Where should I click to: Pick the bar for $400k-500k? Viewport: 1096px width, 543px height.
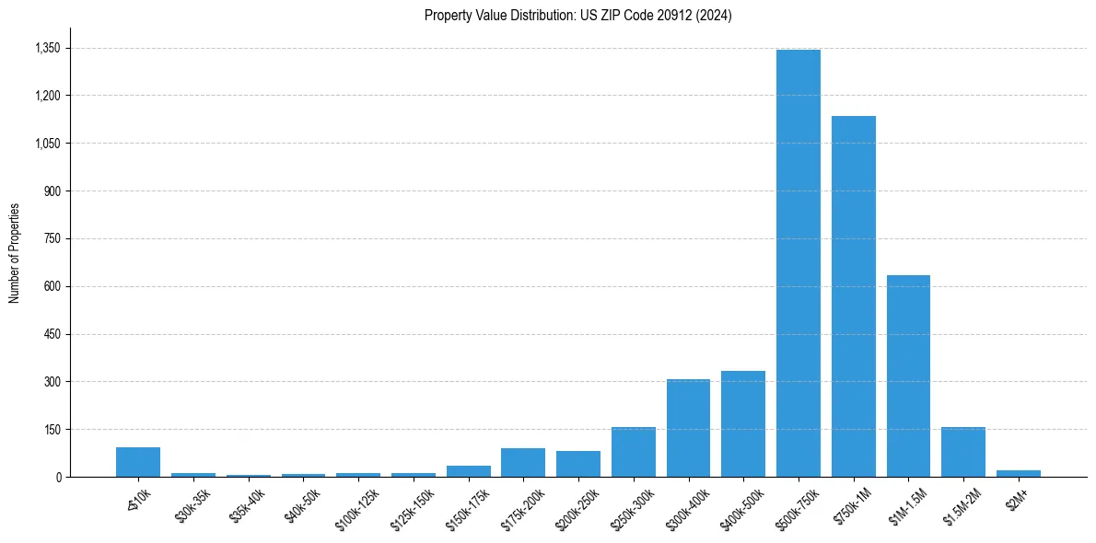tap(743, 423)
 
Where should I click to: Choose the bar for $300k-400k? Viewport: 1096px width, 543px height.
tap(688, 428)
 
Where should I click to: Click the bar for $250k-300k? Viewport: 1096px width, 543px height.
tap(633, 452)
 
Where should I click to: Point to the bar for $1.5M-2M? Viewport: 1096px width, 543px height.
tap(963, 452)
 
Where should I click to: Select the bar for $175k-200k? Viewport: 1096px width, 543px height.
tap(523, 462)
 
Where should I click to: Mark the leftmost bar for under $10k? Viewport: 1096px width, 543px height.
tap(138, 462)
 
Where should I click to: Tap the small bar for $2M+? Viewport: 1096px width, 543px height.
tap(1018, 473)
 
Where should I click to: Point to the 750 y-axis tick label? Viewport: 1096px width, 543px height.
tap(52, 238)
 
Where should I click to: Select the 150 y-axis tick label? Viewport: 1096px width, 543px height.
tap(52, 429)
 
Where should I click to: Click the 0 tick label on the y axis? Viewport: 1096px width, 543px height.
tap(58, 477)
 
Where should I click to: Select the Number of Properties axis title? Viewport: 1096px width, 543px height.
tap(14, 253)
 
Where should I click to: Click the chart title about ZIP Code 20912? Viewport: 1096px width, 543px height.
tap(577, 16)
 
